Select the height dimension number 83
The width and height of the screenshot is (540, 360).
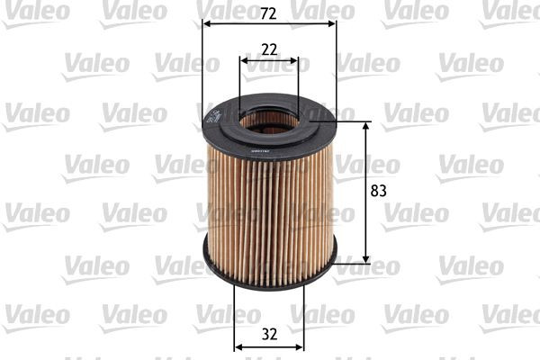point(378,190)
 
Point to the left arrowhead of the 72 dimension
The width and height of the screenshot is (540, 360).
point(206,24)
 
